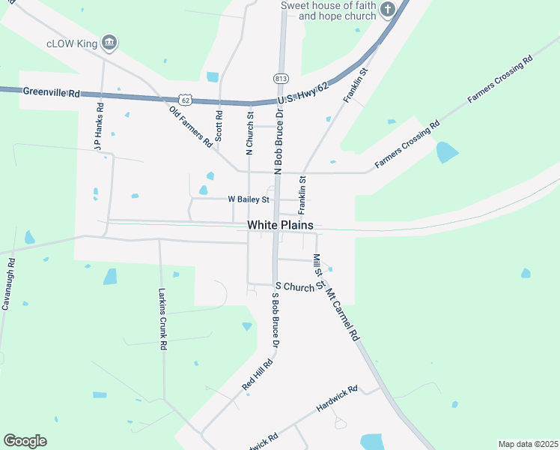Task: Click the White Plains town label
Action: [x=280, y=225]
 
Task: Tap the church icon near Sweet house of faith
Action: [x=387, y=10]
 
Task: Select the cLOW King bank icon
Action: [x=109, y=43]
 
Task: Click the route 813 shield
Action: [x=281, y=78]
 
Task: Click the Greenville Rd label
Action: [x=51, y=93]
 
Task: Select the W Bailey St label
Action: [x=249, y=199]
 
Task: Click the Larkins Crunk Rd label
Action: [x=162, y=319]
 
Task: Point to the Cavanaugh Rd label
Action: [x=9, y=284]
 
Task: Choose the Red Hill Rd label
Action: [x=258, y=373]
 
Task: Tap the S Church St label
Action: [x=299, y=286]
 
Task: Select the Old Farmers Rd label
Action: [x=191, y=125]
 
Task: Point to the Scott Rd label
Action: [x=219, y=126]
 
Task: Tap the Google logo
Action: [x=25, y=441]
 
